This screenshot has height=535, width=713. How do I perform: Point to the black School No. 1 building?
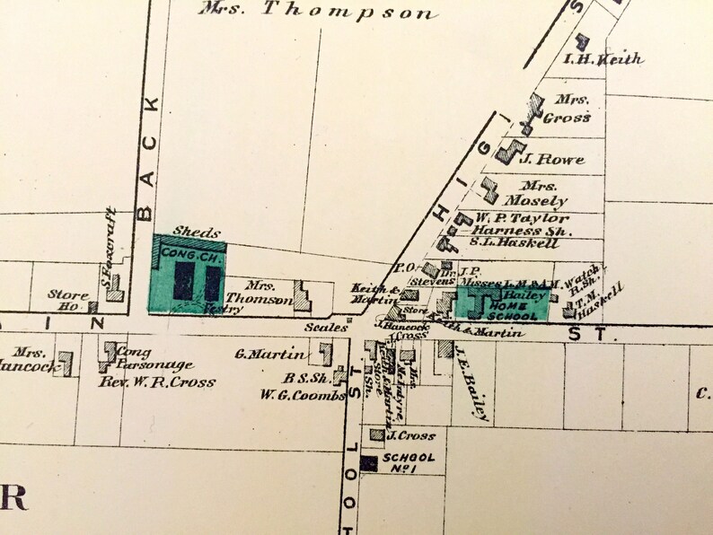click(x=368, y=463)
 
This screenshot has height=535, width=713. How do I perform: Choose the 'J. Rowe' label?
click(x=552, y=160)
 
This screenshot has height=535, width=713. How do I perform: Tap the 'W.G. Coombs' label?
click(x=289, y=395)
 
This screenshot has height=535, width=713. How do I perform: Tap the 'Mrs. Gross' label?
click(x=572, y=110)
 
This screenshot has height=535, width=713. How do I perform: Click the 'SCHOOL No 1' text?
click(x=409, y=463)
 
